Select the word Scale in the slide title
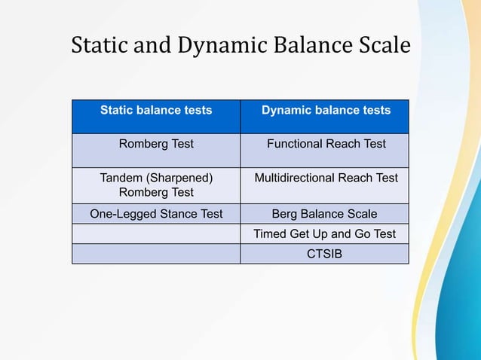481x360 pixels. (384, 45)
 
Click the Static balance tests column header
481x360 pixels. (156, 111)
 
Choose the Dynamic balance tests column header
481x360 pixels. (326, 111)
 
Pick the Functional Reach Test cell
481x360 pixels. (326, 144)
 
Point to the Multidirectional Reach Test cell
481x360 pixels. (326, 178)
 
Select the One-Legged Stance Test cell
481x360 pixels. (156, 213)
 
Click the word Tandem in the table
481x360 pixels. (121, 178)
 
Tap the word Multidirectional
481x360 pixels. (295, 178)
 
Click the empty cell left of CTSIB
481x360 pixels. (156, 254)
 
